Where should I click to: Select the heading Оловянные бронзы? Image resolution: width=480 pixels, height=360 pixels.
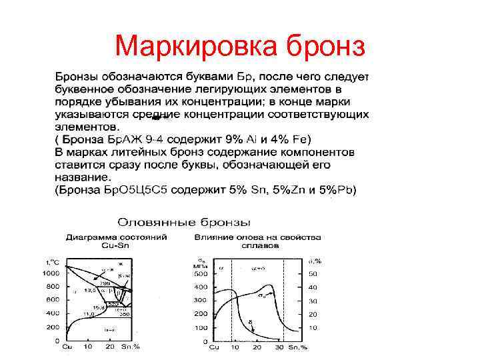coord(184,221)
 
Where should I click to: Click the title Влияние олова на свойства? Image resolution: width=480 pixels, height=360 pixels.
coord(257,237)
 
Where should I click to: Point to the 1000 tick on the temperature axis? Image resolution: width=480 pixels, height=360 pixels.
coord(51,273)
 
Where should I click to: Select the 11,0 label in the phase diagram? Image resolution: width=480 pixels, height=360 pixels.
coord(89,313)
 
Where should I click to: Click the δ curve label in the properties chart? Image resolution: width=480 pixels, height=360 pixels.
coord(251,321)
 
